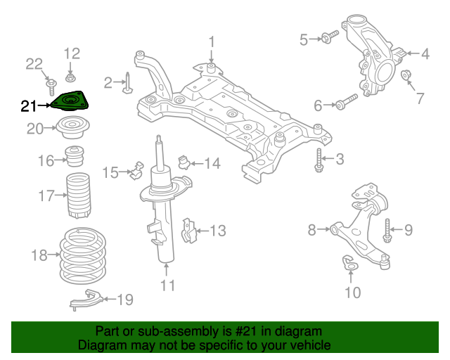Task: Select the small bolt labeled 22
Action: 52,87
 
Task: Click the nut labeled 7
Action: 406,75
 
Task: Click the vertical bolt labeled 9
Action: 387,229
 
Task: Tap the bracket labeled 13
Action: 188,231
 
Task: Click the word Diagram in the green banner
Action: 100,346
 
